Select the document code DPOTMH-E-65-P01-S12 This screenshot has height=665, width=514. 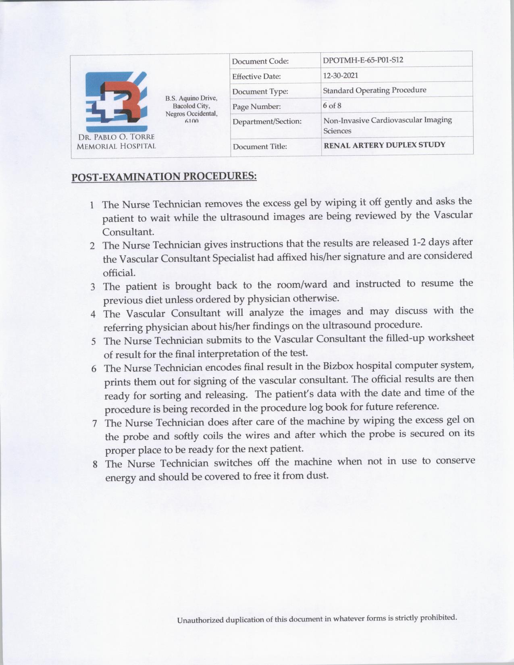tap(363, 60)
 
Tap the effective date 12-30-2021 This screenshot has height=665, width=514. tap(341, 75)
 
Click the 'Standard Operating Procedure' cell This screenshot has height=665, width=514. tap(375, 90)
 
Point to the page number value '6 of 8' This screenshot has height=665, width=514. tap(332, 106)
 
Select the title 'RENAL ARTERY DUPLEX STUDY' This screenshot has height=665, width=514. tap(385, 145)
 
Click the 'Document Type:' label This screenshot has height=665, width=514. tap(260, 91)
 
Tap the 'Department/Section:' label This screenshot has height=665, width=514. tap(267, 121)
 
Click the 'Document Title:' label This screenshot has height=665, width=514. tap(260, 147)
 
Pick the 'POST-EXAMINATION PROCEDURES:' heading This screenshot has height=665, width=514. tap(164, 177)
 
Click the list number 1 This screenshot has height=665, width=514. tap(92, 205)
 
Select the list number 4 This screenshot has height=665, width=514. tap(93, 314)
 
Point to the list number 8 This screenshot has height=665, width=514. tap(95, 464)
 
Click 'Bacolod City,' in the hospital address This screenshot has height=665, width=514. tap(191, 106)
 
